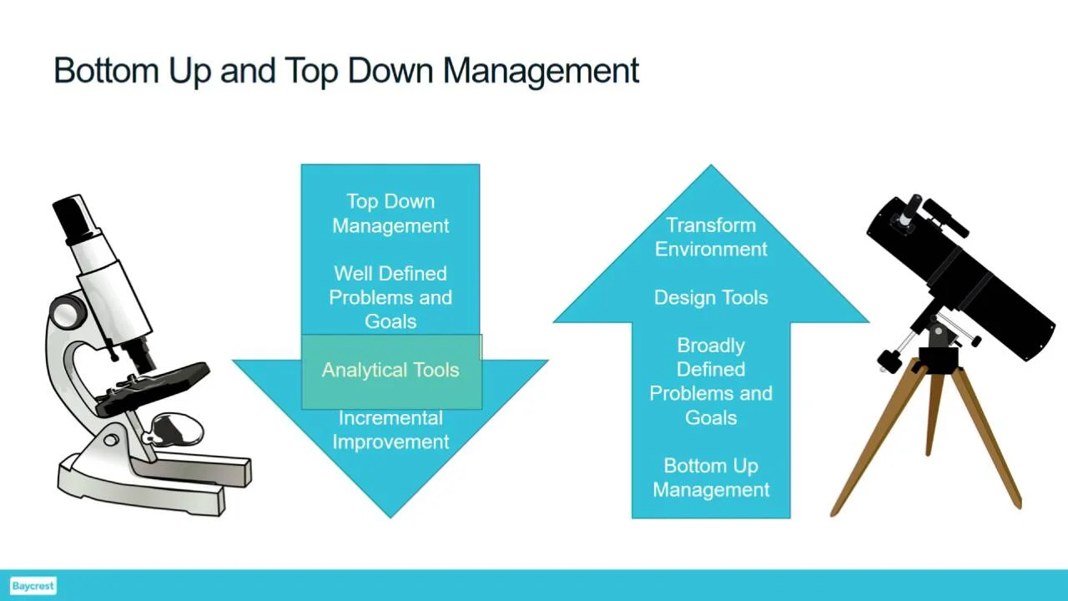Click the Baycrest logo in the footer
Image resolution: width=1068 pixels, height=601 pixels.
(33, 586)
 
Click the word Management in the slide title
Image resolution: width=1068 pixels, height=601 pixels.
(541, 72)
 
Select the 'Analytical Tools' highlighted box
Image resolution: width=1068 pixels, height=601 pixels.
(391, 371)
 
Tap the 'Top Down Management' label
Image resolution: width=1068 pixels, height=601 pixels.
(390, 213)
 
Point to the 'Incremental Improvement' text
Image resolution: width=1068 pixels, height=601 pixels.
(390, 430)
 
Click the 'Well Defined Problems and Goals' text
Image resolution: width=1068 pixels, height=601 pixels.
(390, 297)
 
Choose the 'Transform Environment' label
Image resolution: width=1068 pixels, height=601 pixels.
(711, 237)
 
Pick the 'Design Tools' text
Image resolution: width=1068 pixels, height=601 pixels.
(711, 298)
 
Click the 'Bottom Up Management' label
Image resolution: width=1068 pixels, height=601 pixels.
(711, 477)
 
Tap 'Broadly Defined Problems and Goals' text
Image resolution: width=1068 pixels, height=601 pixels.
(711, 381)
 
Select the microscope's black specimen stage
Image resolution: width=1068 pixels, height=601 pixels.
(153, 388)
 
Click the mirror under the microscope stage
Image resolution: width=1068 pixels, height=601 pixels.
(175, 429)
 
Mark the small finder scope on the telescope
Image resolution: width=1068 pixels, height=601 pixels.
(946, 218)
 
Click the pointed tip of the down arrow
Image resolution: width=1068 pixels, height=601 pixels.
(390, 518)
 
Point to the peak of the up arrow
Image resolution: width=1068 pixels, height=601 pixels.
(711, 165)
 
